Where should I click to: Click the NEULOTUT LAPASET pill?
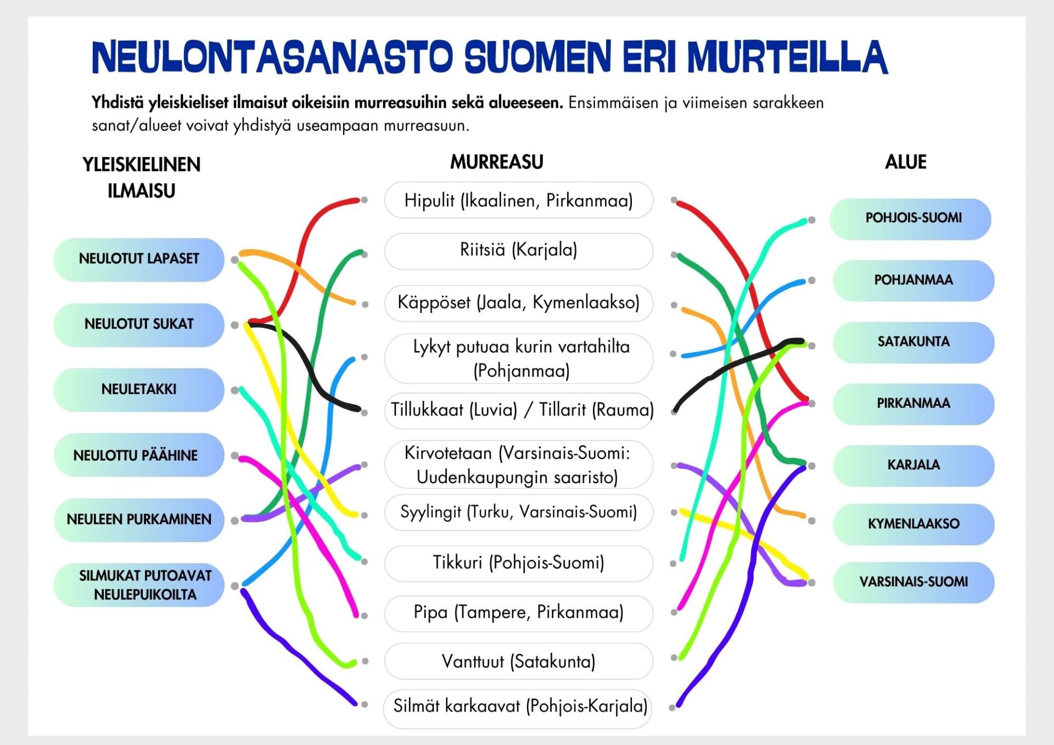[139, 259]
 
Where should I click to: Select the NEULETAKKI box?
[139, 390]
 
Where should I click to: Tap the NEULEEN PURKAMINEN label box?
[139, 520]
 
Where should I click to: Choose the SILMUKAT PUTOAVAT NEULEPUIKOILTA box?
[139, 585]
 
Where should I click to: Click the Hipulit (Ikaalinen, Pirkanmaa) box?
[518, 200]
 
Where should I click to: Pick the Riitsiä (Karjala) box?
[518, 251]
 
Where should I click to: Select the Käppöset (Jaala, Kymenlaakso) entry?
[518, 303]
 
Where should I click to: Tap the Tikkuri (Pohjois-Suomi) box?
[518, 563]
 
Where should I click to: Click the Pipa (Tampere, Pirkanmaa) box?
[518, 613]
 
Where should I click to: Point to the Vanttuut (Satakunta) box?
[518, 662]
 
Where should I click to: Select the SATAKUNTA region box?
[913, 342]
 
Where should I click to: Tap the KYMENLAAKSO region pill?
[913, 524]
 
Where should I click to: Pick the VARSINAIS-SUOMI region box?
[913, 582]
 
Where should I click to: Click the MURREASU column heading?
[496, 163]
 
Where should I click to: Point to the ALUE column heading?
[905, 163]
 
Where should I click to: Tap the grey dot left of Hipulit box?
[364, 200]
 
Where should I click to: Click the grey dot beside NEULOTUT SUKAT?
[235, 325]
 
